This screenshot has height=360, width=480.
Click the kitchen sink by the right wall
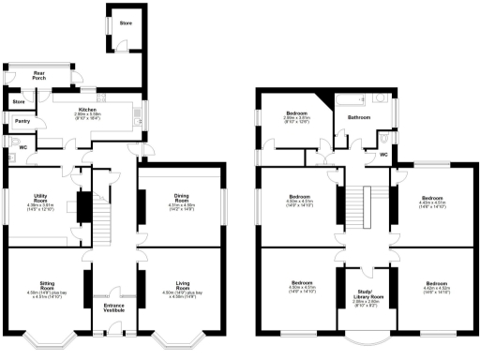pos(140,115)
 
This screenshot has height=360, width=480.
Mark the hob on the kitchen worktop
pos(104,96)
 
